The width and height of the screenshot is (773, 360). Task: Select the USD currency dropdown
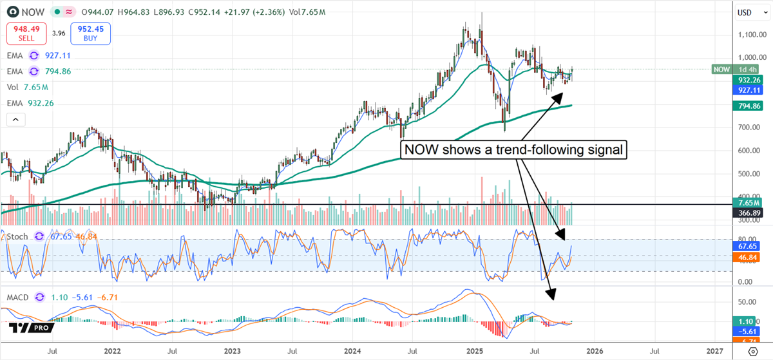tap(749, 12)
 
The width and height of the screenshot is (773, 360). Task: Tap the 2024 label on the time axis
tap(352, 351)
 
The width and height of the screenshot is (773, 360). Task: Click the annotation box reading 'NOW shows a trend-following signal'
tap(513, 150)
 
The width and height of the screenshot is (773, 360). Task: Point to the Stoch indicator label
tap(17, 236)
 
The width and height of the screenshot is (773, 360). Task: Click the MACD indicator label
tap(17, 298)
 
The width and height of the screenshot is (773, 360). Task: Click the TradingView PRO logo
tap(31, 328)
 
